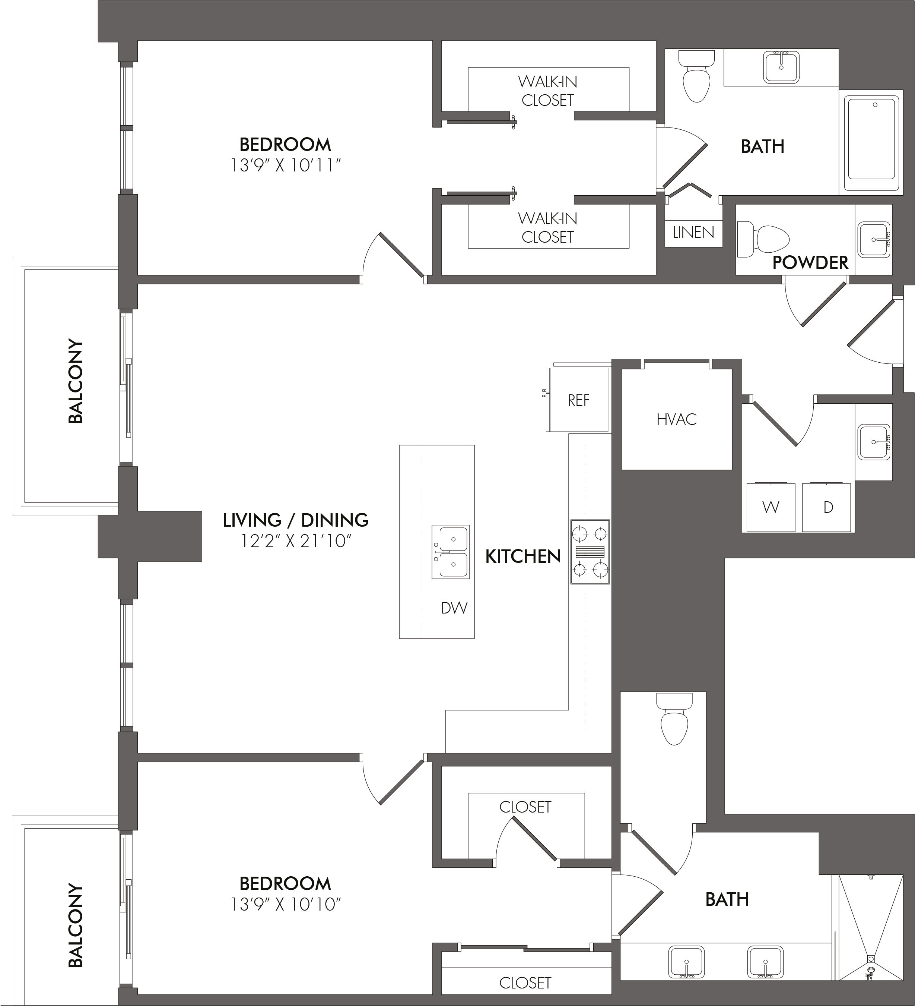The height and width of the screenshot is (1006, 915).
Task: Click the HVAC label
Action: point(676,419)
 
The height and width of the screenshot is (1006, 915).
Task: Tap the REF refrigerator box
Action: point(578,400)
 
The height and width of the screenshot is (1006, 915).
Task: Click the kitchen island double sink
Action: point(451,552)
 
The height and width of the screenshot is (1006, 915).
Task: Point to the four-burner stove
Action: point(590,551)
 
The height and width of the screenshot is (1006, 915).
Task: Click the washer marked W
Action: point(771,507)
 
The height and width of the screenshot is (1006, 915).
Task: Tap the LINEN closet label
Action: point(693,232)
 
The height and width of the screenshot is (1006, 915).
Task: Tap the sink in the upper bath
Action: point(781,67)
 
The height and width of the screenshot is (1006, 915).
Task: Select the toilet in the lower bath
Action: point(674,718)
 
